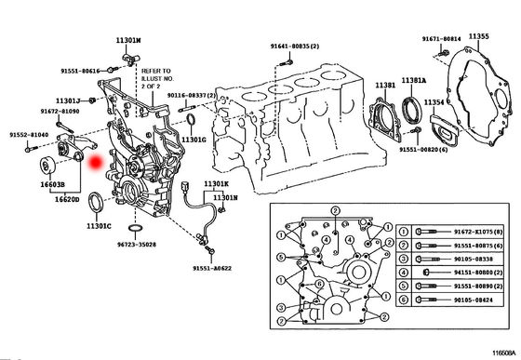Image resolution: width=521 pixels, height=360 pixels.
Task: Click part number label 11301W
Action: point(128,41)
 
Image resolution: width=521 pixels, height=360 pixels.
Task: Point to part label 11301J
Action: point(69,100)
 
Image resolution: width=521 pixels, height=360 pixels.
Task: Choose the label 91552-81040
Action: point(30,135)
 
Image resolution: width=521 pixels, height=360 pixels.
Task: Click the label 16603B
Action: point(51,185)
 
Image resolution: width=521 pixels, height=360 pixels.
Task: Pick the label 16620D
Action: point(66,199)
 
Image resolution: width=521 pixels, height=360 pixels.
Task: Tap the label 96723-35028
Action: point(137,245)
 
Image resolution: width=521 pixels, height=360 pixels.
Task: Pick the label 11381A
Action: point(414,81)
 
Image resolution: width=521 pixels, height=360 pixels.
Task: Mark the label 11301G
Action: point(193,140)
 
